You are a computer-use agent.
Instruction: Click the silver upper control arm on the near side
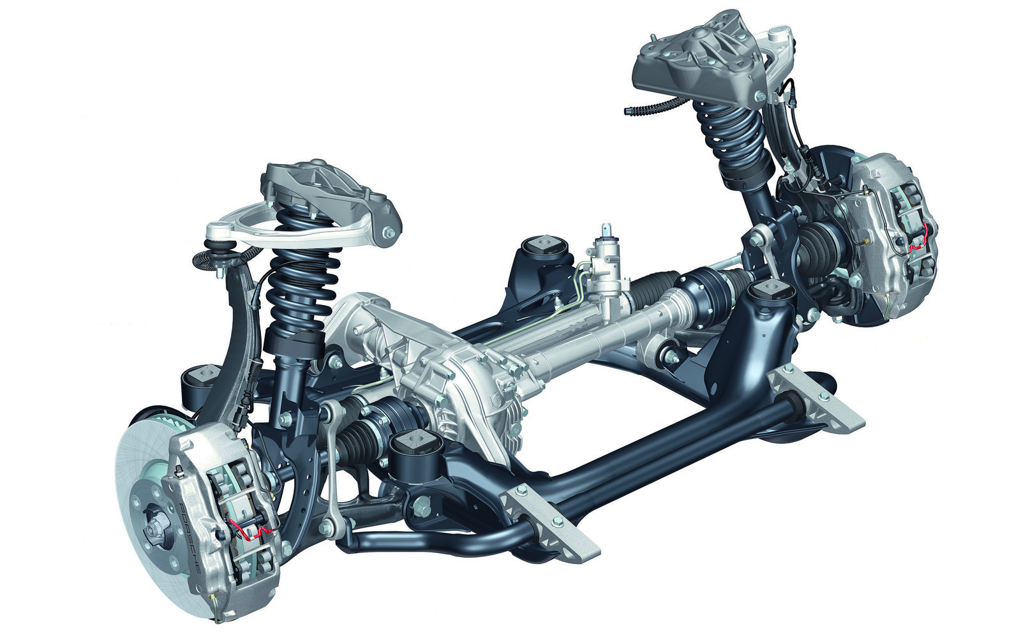(292, 228)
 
